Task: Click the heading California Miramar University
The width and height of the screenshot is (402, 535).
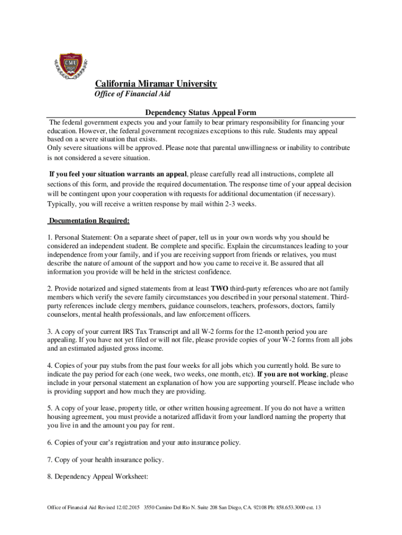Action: tap(156, 84)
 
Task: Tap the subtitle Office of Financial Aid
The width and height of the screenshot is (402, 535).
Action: tap(132, 94)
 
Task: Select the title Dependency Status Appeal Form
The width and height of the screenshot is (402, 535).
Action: tap(200, 112)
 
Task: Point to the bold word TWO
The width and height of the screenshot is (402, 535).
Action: tap(219, 288)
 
